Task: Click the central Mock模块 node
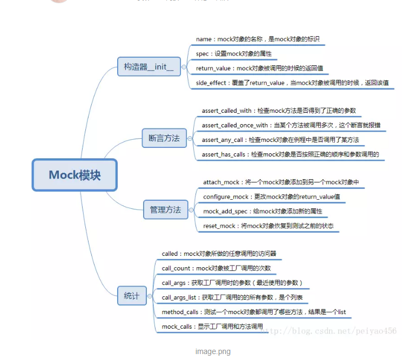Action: pyautogui.click(x=75, y=175)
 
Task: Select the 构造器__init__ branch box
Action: pyautogui.click(x=149, y=66)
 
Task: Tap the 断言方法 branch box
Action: pyautogui.click(x=164, y=138)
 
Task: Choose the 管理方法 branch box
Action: pyautogui.click(x=165, y=209)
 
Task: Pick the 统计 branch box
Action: pyautogui.click(x=132, y=295)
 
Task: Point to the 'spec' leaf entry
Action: pyautogui.click(x=233, y=54)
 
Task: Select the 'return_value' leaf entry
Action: pyautogui.click(x=259, y=69)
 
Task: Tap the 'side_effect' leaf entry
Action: pyautogui.click(x=292, y=83)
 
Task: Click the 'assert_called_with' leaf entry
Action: pyautogui.click(x=279, y=111)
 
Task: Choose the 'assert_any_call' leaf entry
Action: pyautogui.click(x=280, y=140)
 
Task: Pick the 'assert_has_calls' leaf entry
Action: pyautogui.click(x=291, y=154)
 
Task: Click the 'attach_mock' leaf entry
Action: pyautogui.click(x=281, y=182)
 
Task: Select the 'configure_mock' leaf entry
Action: pyautogui.click(x=271, y=197)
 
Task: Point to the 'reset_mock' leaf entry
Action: pyautogui.click(x=267, y=226)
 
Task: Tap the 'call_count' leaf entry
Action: pyautogui.click(x=216, y=268)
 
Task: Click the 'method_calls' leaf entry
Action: pyautogui.click(x=253, y=312)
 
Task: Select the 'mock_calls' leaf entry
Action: pyautogui.click(x=212, y=327)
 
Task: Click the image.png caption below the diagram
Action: pyautogui.click(x=213, y=351)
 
